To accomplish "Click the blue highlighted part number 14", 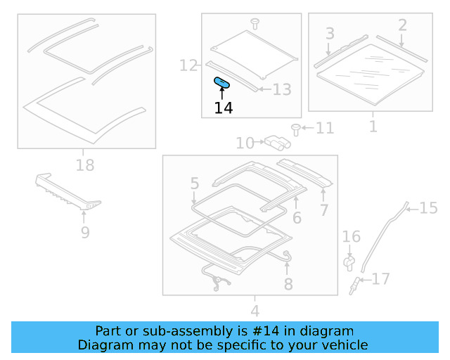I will point(222,83).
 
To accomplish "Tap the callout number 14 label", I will point(224,108).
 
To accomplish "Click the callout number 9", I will point(84,232).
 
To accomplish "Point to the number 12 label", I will point(188,66).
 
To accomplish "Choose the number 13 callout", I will point(281,90).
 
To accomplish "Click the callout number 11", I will point(324,129).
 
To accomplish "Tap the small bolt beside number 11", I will point(296,129).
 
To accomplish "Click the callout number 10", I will point(245,143).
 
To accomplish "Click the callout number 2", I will point(402,25).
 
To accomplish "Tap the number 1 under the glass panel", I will point(373,127).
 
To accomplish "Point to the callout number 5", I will point(195,184).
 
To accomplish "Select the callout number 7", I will point(323,210).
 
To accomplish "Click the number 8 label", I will point(288,284).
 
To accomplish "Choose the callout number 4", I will point(255,311).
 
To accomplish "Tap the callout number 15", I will point(428,207).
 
